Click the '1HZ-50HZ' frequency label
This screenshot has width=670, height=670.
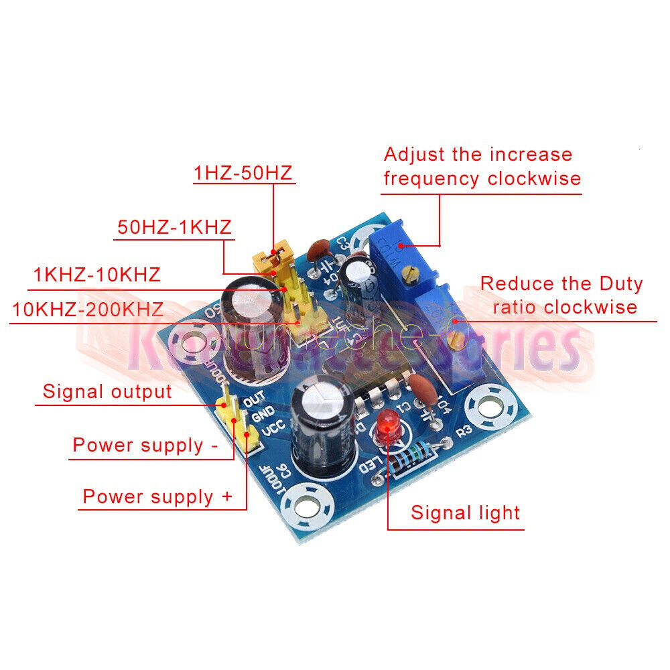243,173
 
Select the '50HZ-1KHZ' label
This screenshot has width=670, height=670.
174,226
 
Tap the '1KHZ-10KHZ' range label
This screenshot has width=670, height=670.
96,275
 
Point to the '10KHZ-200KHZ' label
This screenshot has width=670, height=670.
88,309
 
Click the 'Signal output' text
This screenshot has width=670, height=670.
107,391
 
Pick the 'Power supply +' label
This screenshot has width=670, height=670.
157,496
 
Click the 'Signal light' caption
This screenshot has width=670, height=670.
465,513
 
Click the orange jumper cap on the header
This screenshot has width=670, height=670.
273,256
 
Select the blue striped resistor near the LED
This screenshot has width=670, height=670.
411,460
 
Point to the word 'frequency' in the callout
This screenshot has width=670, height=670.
431,179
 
